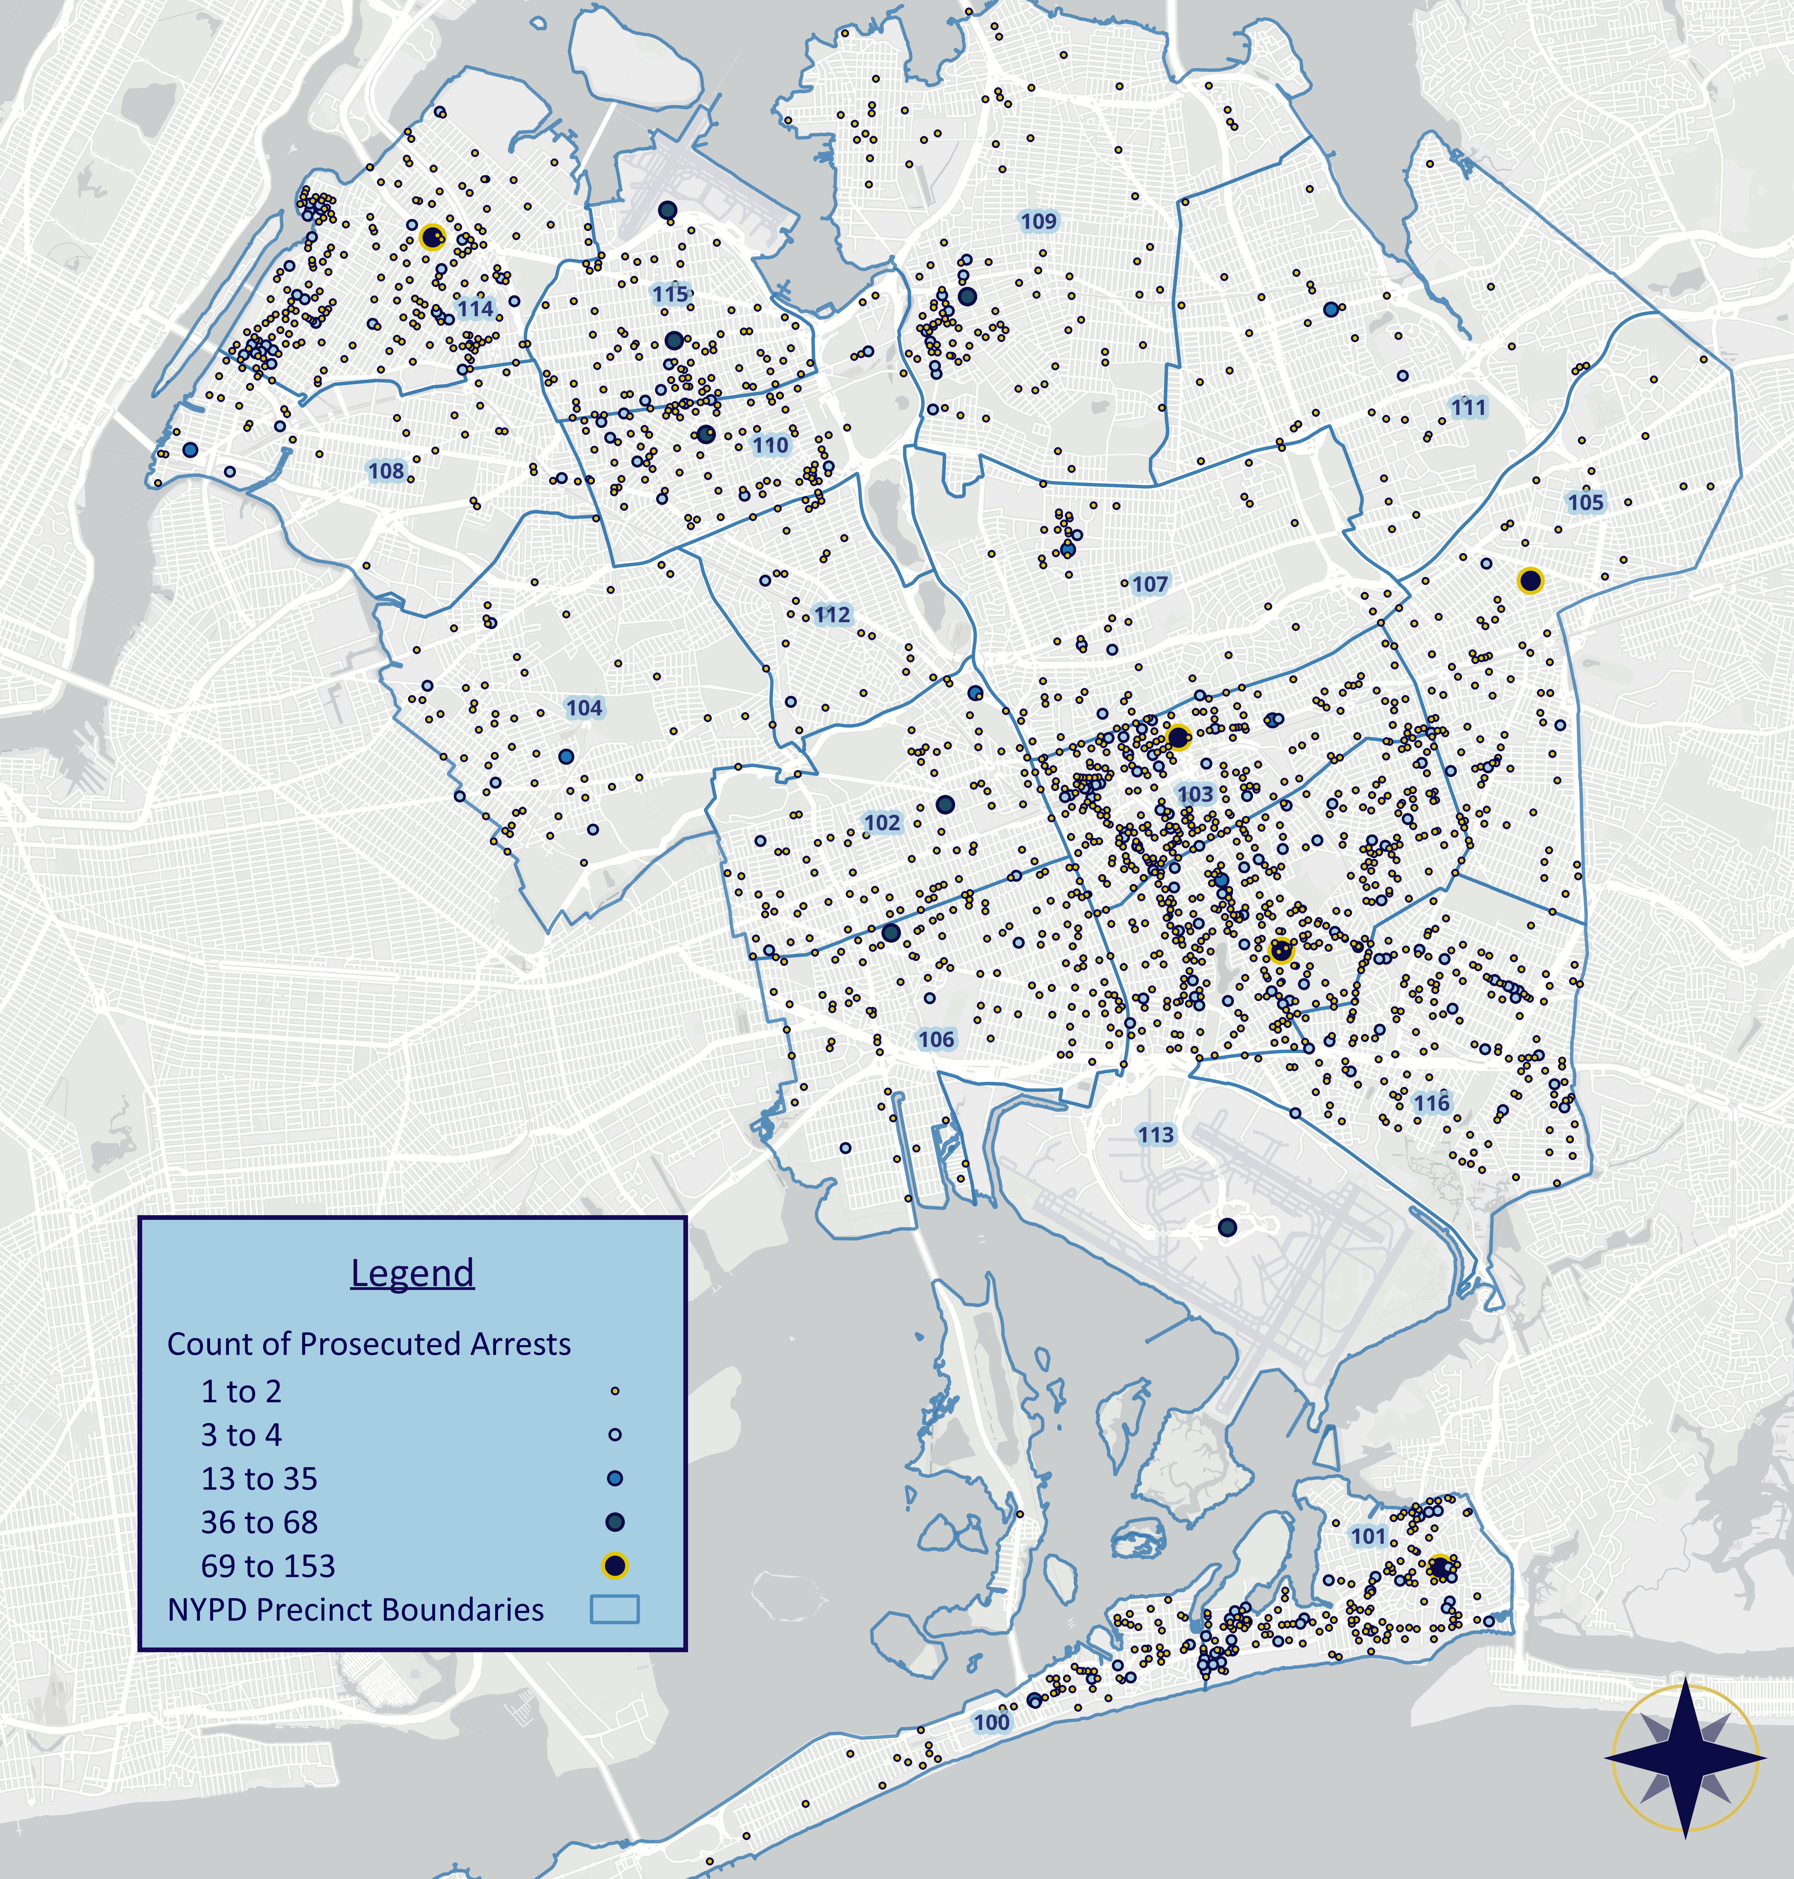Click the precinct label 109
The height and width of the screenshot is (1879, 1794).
[1039, 222]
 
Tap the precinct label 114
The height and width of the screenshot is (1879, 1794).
[475, 309]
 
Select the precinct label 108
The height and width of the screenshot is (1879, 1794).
[386, 471]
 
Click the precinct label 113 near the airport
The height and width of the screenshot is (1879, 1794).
[1155, 1135]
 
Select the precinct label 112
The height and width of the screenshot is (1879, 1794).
[832, 615]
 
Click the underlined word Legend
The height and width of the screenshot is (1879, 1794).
[412, 1273]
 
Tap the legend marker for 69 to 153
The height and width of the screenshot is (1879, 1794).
[615, 1565]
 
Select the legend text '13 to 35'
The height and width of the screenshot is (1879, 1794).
[259, 1478]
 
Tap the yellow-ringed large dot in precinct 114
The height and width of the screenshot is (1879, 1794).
[432, 237]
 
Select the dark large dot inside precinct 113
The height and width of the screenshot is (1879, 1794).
[1227, 1227]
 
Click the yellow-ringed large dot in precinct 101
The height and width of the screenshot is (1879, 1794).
[1439, 1567]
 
